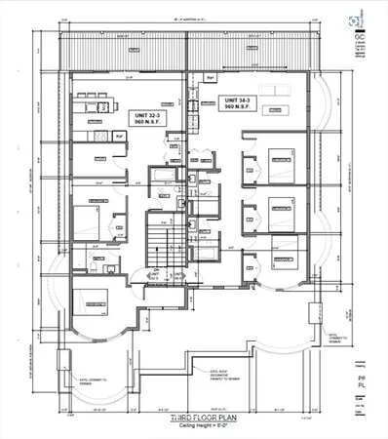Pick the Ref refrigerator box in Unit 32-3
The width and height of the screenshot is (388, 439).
click(120, 138)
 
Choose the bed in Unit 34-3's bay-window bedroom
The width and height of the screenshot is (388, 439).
click(283, 258)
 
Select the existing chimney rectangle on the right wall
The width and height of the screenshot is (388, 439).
click(313, 314)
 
